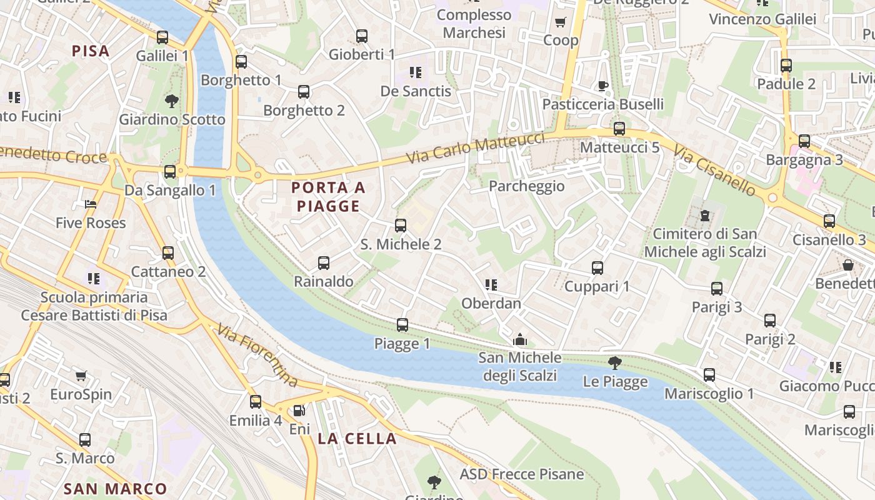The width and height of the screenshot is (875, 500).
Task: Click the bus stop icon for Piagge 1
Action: point(402,325)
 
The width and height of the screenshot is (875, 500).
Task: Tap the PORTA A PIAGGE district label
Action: point(328,196)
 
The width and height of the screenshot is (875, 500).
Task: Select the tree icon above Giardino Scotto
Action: point(171,101)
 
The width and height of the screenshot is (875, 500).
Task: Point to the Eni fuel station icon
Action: point(299,411)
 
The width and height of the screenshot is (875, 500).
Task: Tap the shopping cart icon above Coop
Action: point(561,22)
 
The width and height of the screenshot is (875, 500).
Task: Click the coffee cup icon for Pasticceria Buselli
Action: point(602,86)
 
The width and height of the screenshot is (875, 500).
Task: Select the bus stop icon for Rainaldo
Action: point(324,263)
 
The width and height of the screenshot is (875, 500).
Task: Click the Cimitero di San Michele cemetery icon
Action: point(705,216)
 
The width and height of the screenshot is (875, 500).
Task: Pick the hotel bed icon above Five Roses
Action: point(91,204)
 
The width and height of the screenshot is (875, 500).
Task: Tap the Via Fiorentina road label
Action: point(257,354)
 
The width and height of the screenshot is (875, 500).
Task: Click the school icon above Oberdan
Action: point(491,285)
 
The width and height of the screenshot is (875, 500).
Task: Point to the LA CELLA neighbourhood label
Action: point(357,439)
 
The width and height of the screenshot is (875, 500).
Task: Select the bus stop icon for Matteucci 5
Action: point(619,129)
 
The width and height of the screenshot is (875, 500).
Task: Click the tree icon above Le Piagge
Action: point(615,362)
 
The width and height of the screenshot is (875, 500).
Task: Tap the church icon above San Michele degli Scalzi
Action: point(519,340)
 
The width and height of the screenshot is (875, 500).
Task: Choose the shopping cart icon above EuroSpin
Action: point(81,376)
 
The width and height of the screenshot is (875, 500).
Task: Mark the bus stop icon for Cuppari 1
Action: point(597,268)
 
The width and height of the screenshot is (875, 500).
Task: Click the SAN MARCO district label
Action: point(116,489)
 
